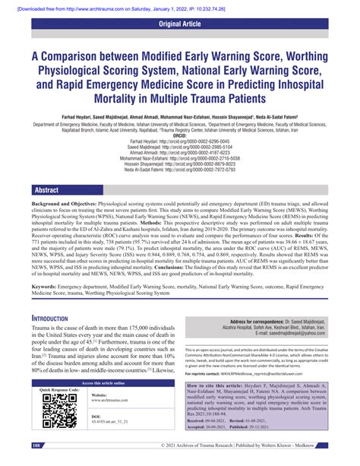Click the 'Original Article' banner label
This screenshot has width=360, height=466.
[x=180, y=24]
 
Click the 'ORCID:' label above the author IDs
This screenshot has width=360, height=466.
[x=180, y=137]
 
